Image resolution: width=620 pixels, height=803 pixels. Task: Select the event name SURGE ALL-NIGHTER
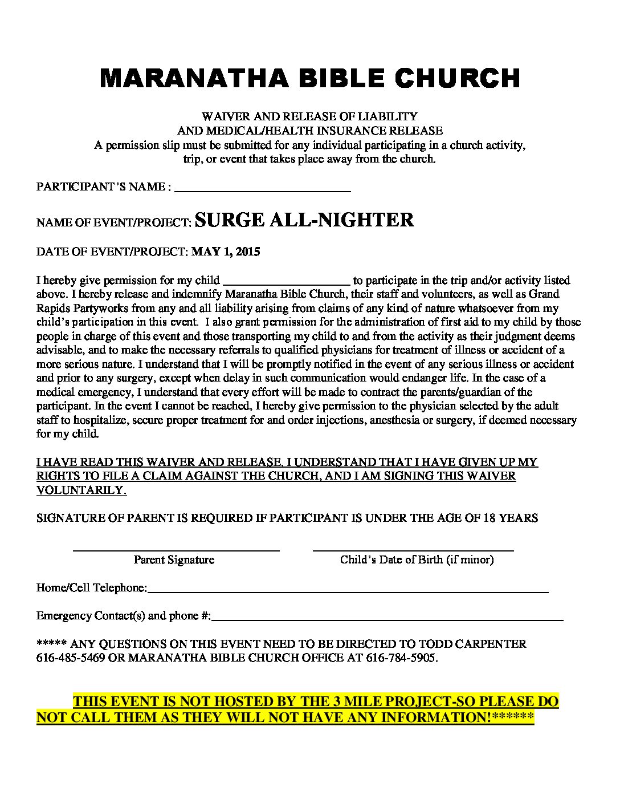[x=304, y=220]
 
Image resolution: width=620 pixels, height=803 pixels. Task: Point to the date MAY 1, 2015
[x=226, y=252]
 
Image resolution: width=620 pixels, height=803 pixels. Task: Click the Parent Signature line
[x=176, y=550]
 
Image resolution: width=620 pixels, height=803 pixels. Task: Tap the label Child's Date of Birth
[x=417, y=559]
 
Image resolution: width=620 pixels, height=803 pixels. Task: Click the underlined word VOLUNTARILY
[x=81, y=490]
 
